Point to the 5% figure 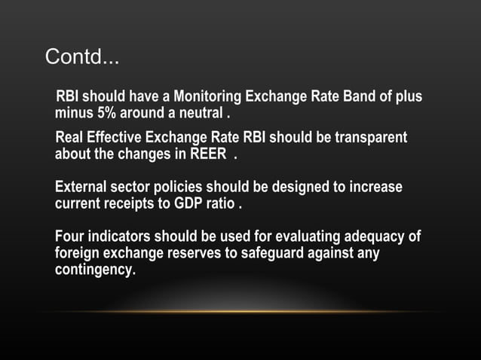pos(102,114)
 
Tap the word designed pos(280,187)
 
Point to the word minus pos(73,114)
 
